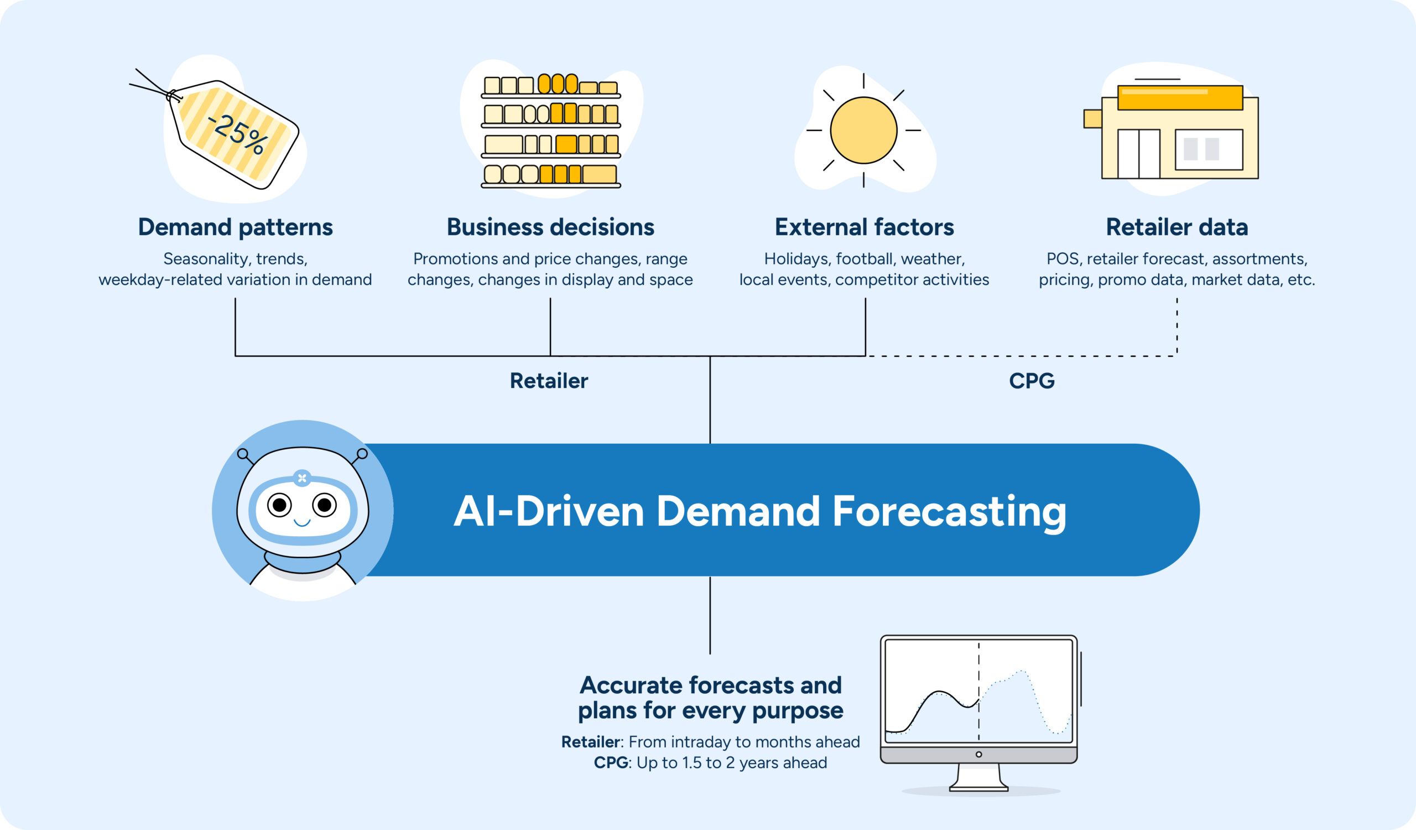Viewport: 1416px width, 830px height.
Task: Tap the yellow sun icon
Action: click(x=863, y=131)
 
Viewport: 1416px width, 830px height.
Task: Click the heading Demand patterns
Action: click(x=235, y=227)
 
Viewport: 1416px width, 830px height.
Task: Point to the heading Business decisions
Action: click(x=550, y=227)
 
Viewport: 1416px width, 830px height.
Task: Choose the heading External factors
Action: click(x=864, y=227)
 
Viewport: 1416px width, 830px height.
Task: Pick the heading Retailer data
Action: click(x=1176, y=227)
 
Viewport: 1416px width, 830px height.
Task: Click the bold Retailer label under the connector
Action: click(x=548, y=381)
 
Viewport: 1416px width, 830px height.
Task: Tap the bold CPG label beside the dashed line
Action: click(x=1032, y=381)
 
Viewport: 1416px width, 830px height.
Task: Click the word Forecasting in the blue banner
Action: click(x=949, y=511)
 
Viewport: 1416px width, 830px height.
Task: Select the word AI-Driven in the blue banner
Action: click(x=548, y=511)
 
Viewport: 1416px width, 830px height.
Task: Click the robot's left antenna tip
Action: click(x=243, y=454)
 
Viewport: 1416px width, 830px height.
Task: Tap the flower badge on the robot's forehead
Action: click(x=303, y=478)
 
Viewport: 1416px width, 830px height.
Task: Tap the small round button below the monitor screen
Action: click(x=979, y=754)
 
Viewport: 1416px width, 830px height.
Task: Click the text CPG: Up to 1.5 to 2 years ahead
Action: click(x=710, y=762)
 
